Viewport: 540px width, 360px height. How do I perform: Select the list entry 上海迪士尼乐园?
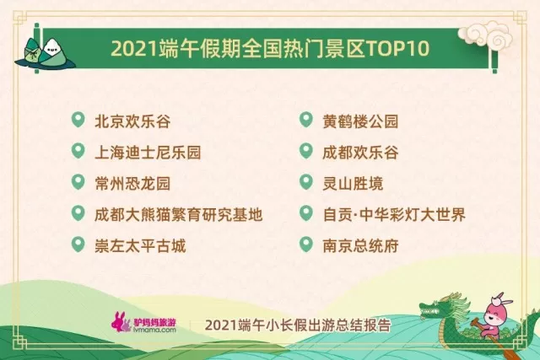[x=148, y=153]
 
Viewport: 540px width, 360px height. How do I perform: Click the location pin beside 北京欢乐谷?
[x=79, y=121]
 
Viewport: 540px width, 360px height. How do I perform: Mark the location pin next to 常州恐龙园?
[x=79, y=183]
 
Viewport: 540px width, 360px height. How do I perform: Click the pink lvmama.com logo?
[x=144, y=324]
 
